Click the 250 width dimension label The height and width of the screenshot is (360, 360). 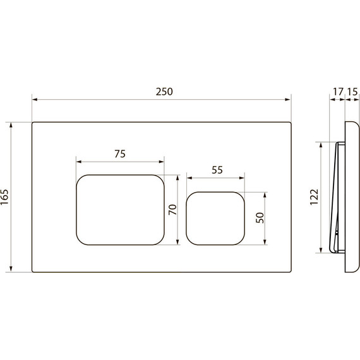[164, 92]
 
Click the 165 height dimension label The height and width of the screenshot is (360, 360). [4, 197]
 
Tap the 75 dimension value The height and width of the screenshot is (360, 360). [120, 154]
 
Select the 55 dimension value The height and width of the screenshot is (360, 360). [217, 170]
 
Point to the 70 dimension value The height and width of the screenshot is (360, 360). [172, 210]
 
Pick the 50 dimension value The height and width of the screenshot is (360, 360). [260, 218]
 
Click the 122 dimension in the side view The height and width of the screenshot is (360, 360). [314, 197]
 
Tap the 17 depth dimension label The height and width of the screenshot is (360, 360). [338, 92]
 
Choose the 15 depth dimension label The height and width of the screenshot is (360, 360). [352, 92]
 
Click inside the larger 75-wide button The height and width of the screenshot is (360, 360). [120, 210]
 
